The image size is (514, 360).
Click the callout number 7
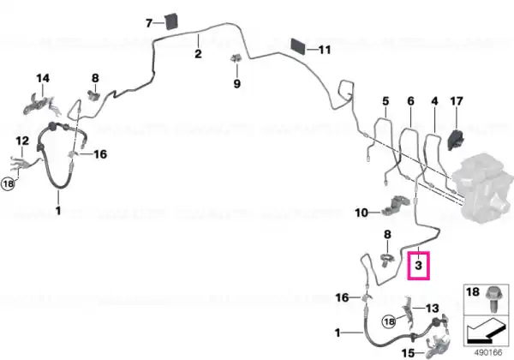(x=149, y=23)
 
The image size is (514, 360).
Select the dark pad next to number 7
(x=171, y=21)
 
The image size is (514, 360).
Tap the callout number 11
(x=325, y=50)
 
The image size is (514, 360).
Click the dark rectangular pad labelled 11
(x=298, y=46)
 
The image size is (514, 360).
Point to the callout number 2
(x=198, y=54)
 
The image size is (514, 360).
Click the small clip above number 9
(x=236, y=59)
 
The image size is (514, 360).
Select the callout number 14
(x=43, y=78)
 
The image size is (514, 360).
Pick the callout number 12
(x=22, y=141)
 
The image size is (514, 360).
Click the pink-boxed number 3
(x=418, y=265)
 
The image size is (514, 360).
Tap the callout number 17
(x=457, y=101)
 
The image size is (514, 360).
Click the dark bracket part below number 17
(x=456, y=140)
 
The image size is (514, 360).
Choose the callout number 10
(x=362, y=213)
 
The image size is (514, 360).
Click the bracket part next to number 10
(x=395, y=206)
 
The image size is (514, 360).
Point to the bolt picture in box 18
(x=491, y=299)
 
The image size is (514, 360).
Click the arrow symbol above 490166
(x=486, y=331)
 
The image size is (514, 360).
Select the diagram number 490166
(x=488, y=353)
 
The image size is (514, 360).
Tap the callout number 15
(x=408, y=353)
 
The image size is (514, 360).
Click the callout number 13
(x=433, y=309)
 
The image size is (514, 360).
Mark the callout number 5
(x=385, y=101)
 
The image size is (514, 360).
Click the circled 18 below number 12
(x=9, y=183)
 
